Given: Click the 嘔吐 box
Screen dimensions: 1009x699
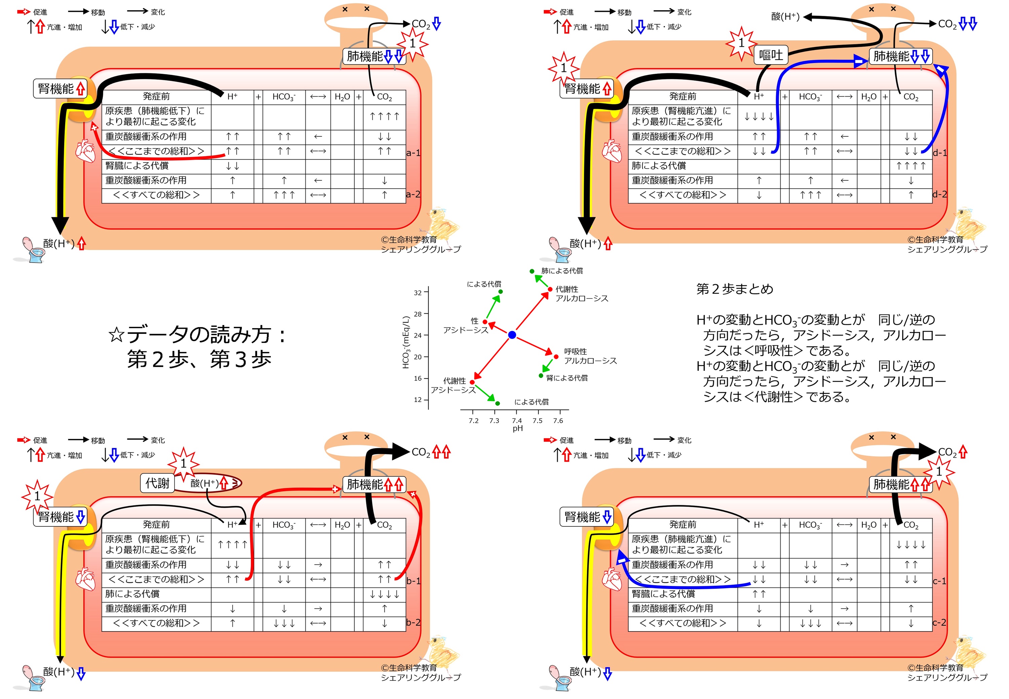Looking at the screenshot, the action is (771, 55).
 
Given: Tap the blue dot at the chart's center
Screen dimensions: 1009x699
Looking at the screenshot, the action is (512, 335).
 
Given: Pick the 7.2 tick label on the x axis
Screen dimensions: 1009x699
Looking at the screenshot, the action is (474, 420).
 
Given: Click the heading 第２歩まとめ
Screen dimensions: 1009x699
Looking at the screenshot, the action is (735, 289).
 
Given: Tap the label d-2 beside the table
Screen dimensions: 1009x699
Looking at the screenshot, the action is (939, 194).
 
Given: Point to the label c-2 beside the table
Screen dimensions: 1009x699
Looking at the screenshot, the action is (939, 622).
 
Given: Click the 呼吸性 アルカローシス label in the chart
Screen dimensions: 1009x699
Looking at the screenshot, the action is (590, 356).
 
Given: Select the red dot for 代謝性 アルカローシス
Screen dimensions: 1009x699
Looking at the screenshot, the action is (550, 289).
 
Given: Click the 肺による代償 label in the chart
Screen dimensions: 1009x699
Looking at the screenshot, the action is (562, 271).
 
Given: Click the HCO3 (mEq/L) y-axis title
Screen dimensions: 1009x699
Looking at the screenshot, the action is (406, 342).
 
